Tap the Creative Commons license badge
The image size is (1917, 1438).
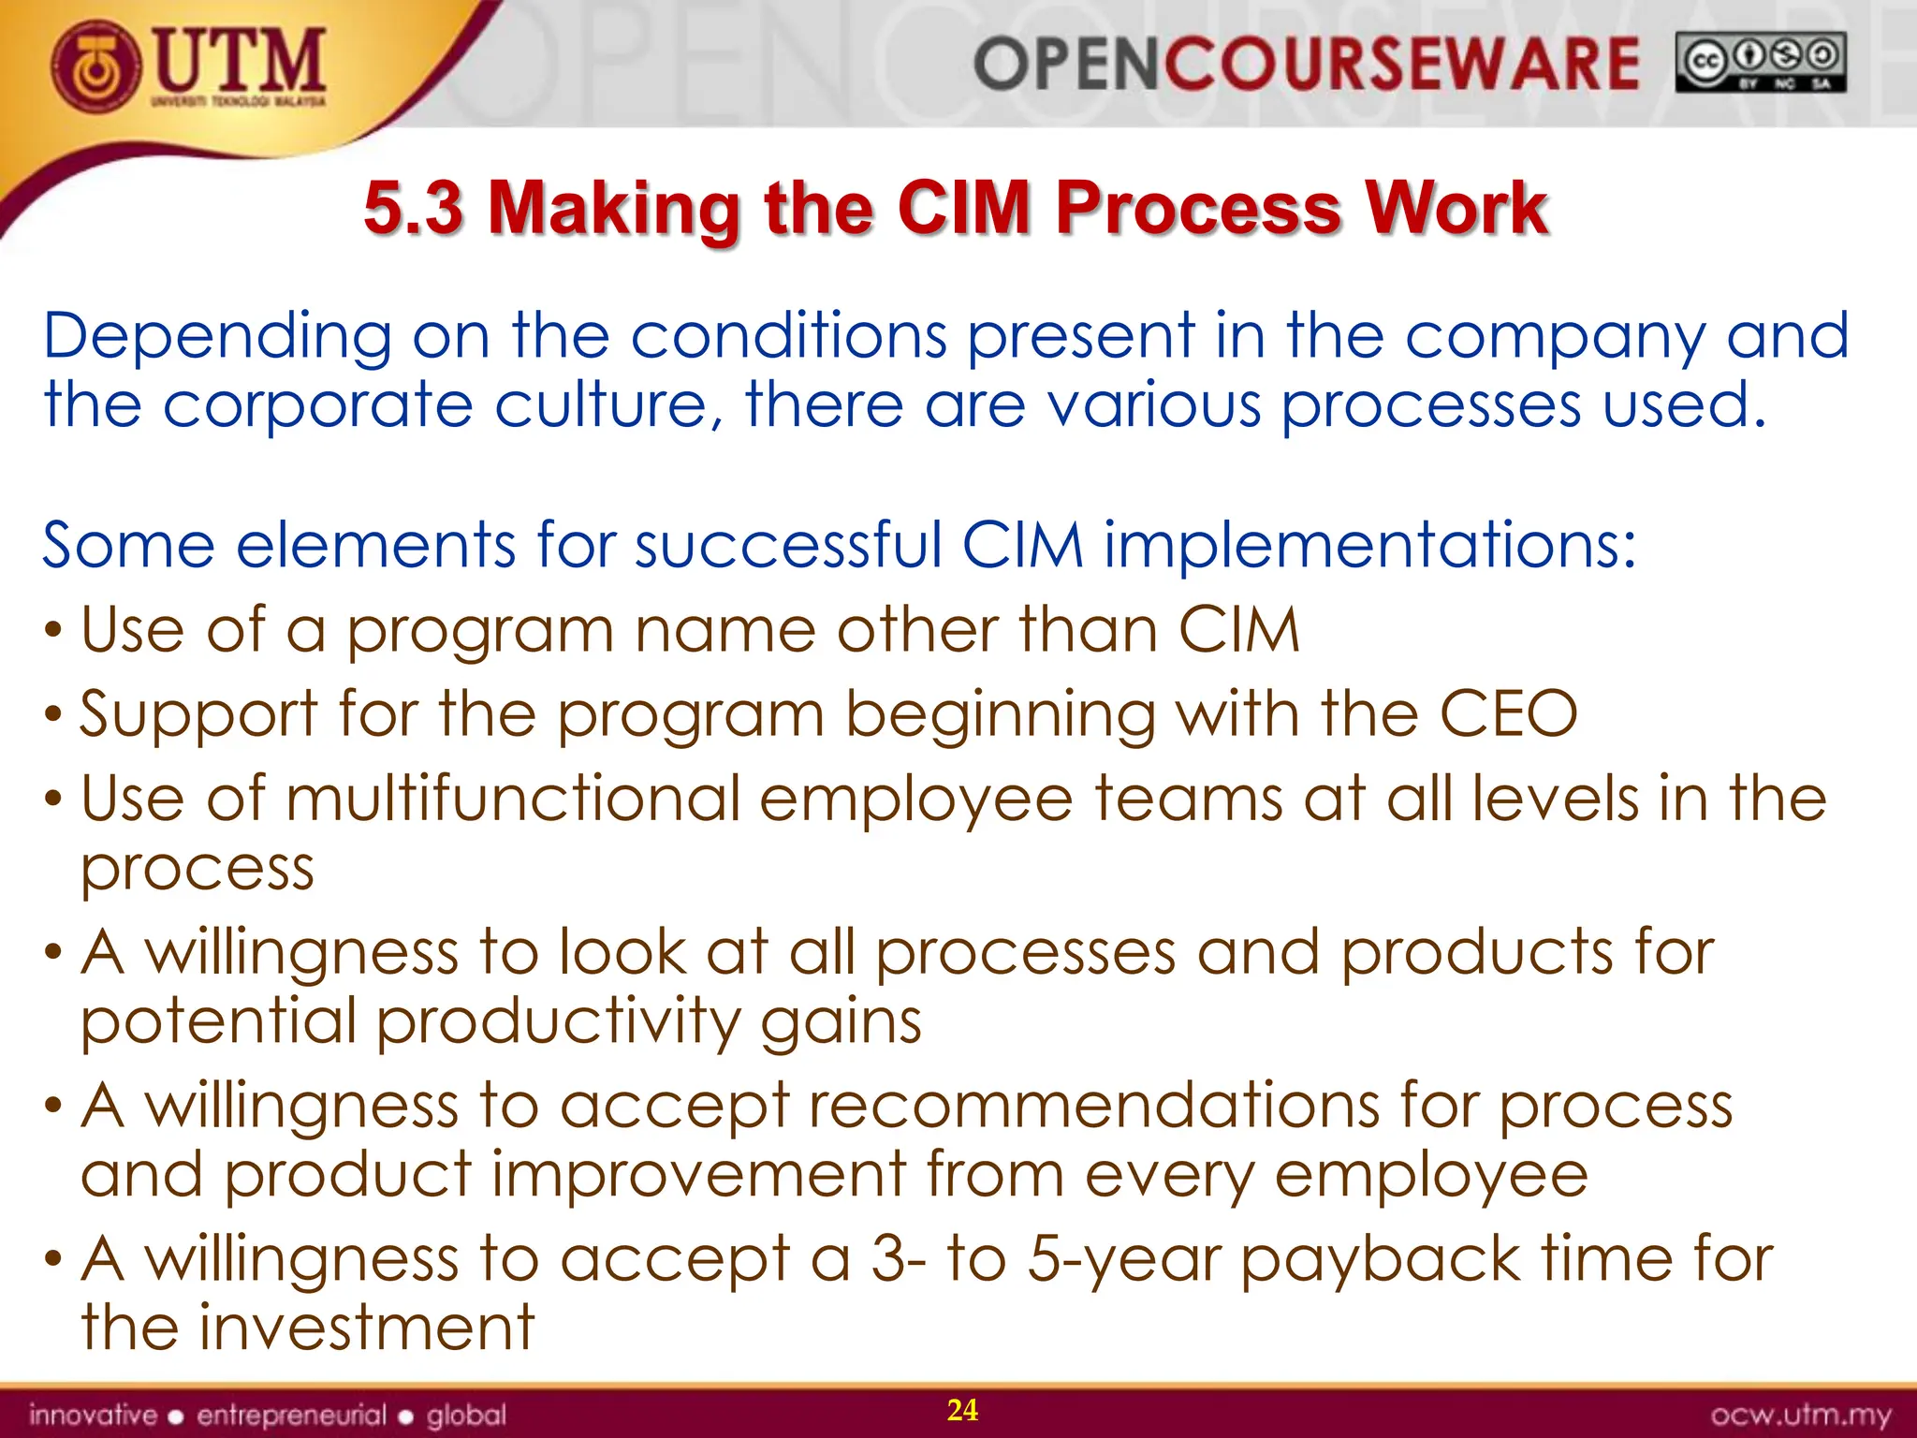[x=1761, y=62]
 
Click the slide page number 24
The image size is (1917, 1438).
[x=962, y=1410]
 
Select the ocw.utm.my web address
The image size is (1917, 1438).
[x=1800, y=1415]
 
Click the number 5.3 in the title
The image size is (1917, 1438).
[x=413, y=207]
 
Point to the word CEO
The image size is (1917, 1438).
[x=1508, y=714]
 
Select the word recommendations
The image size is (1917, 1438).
[x=1093, y=1106]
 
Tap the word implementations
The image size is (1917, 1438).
[x=1370, y=545]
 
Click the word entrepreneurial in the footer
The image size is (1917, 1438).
[x=291, y=1415]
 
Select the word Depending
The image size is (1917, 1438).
[x=217, y=337]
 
